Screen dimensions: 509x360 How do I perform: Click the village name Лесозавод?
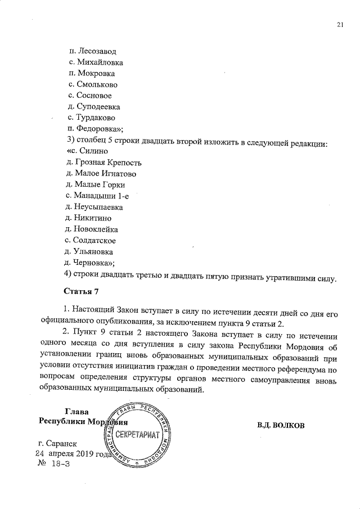coord(97,51)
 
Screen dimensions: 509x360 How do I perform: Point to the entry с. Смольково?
coord(92,84)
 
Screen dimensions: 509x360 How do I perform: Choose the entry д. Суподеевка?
coord(93,106)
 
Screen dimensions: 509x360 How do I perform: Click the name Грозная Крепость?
coord(104,163)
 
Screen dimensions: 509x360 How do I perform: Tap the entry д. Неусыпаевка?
coord(94,206)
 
